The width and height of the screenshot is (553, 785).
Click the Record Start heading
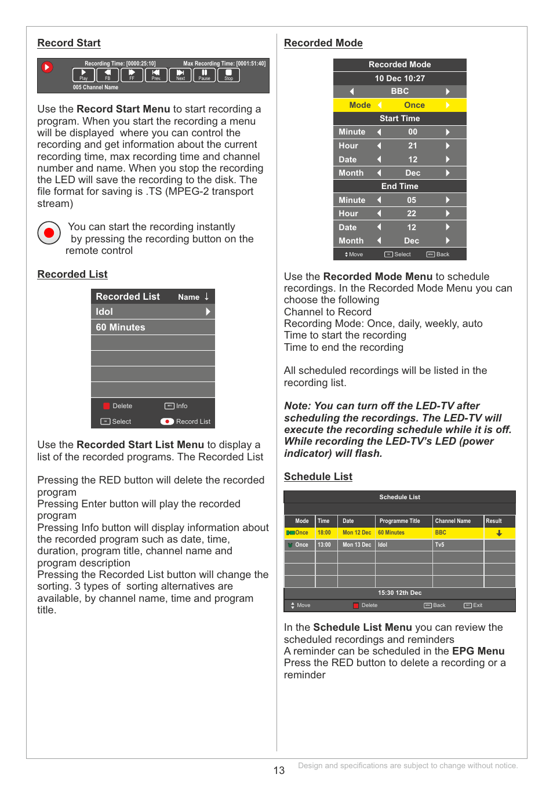click(x=69, y=43)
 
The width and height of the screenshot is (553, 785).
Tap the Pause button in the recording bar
click(x=205, y=75)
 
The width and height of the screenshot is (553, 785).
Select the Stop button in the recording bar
click(x=228, y=75)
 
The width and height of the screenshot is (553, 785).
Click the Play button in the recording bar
click(x=83, y=75)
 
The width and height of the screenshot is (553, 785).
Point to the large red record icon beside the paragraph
click(x=49, y=233)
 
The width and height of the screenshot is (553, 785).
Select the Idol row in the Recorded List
click(x=152, y=312)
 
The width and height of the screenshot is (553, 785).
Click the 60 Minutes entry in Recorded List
click(x=152, y=328)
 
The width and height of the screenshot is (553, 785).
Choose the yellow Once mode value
click(x=414, y=105)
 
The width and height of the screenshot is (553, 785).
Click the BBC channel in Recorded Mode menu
click(x=399, y=92)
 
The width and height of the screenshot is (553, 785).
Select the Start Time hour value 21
click(x=412, y=146)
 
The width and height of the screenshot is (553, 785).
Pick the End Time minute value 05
click(x=412, y=200)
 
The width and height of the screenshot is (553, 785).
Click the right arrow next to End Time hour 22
click(x=448, y=214)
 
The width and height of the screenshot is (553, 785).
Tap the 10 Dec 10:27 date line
click(x=399, y=78)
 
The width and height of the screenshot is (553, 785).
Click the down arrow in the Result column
click(x=499, y=533)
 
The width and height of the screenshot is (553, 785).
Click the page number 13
click(x=279, y=771)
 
